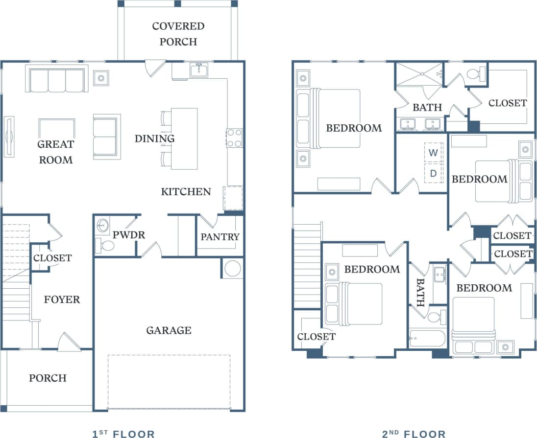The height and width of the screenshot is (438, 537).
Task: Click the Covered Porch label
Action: [178, 34]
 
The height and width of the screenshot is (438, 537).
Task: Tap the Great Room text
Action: [55, 152]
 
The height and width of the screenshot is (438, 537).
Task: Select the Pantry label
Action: [220, 237]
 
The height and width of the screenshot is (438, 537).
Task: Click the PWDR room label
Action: [128, 235]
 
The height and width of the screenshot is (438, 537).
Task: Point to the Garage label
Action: [169, 330]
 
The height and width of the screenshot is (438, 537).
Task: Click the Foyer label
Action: [62, 299]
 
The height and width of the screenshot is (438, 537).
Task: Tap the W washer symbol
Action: [433, 153]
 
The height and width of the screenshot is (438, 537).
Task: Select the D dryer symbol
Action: [433, 173]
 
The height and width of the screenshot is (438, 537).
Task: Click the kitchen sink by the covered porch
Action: [199, 71]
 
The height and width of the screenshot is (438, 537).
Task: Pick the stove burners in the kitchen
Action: [234, 138]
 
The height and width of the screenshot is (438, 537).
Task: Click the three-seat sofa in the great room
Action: [57, 80]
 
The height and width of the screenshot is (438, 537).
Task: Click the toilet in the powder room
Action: [105, 245]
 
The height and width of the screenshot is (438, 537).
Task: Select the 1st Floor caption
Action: [123, 434]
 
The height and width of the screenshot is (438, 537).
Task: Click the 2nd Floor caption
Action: [414, 434]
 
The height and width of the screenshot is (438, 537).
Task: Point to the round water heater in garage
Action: [233, 269]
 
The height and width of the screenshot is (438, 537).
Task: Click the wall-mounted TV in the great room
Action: [9, 137]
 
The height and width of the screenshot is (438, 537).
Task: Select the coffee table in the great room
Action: [57, 128]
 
